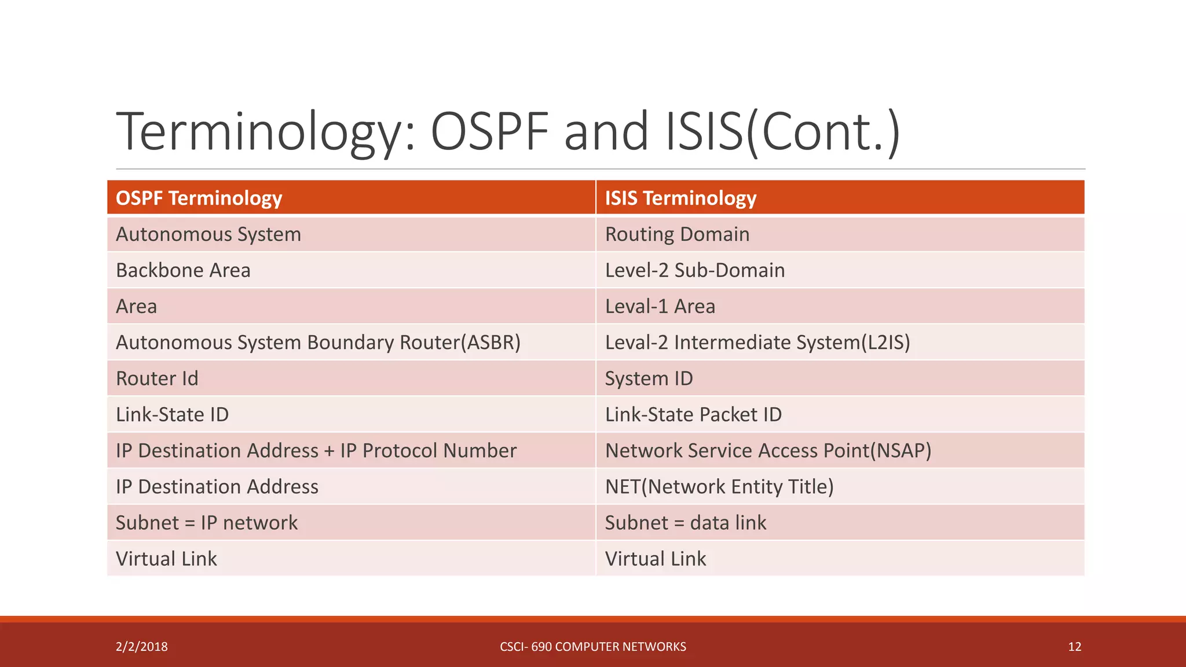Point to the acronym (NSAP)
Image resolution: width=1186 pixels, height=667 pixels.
point(901,450)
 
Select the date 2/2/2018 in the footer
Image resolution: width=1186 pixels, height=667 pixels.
point(142,647)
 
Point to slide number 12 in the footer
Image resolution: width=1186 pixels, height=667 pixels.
point(1074,647)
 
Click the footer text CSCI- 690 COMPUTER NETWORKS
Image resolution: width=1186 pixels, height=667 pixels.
point(592,647)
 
